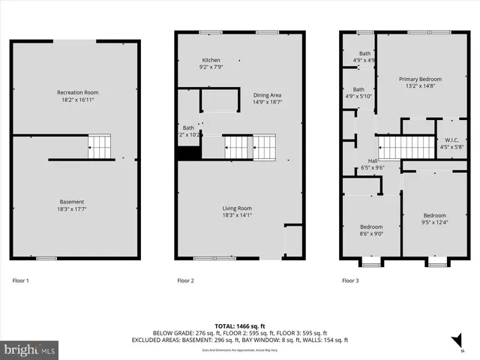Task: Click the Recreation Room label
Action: point(77,92)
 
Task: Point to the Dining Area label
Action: point(267,95)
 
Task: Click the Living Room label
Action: point(236,208)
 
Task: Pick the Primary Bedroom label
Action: point(420,79)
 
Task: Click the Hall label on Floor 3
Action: point(373,160)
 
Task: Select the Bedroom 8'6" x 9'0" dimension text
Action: point(371,234)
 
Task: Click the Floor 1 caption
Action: point(21,280)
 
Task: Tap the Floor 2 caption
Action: point(185,280)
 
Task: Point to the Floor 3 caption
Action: point(350,280)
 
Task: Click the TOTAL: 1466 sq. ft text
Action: point(240,325)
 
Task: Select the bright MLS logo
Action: point(29,349)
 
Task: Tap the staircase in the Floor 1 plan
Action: point(100,146)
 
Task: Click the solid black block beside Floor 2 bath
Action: point(187,153)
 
